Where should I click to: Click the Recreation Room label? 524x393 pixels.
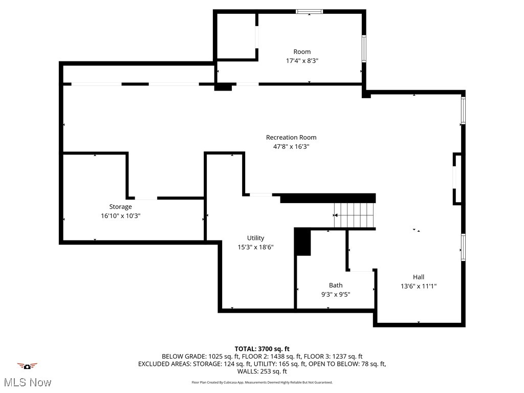point(291,137)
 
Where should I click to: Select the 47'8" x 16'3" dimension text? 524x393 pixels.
point(291,146)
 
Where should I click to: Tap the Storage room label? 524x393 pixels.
point(120,207)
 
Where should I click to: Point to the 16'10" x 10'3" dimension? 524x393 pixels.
point(120,216)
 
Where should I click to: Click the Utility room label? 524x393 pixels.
point(255,238)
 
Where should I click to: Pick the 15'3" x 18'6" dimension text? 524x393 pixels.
point(255,247)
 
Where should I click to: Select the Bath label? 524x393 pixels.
point(336,285)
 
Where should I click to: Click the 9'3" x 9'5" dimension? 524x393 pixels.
point(336,294)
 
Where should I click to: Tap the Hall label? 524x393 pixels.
point(418,277)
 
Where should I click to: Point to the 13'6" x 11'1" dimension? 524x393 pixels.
point(418,286)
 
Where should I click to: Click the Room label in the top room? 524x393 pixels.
point(302,52)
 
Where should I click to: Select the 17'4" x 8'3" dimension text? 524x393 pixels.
point(302,61)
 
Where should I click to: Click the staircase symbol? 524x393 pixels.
point(354,215)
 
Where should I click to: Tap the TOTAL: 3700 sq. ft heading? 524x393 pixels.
point(262,349)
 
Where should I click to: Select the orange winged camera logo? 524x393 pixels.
point(27,366)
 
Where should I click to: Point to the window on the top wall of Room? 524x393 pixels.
point(310,11)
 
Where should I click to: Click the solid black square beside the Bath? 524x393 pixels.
point(303,243)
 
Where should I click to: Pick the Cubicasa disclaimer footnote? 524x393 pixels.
point(262,382)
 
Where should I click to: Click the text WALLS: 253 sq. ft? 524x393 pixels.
point(262,372)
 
